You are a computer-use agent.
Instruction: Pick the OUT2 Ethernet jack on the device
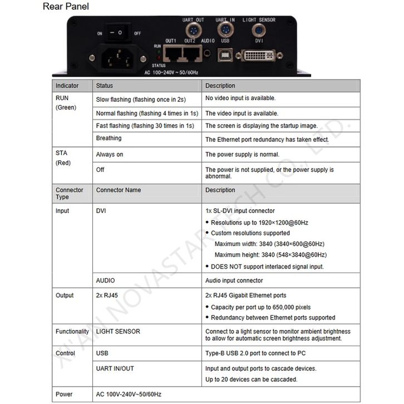click(x=191, y=53)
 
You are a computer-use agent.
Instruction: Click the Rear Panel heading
click(x=66, y=7)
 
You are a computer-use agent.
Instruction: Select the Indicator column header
click(x=67, y=86)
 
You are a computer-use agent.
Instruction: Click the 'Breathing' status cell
click(x=109, y=139)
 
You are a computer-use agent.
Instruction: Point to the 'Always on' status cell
click(x=110, y=154)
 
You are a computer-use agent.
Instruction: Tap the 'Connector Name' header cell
click(x=119, y=190)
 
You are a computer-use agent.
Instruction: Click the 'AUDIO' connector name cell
click(x=106, y=280)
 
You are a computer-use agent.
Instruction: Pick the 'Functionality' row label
click(x=72, y=332)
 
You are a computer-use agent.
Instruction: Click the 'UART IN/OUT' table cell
click(x=115, y=368)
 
